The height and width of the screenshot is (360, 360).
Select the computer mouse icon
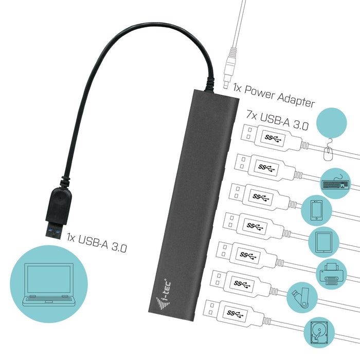point(329,152)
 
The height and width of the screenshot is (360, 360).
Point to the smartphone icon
point(315,210)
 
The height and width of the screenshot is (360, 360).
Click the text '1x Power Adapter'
point(273,96)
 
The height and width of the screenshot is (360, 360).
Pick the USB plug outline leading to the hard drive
point(237,311)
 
